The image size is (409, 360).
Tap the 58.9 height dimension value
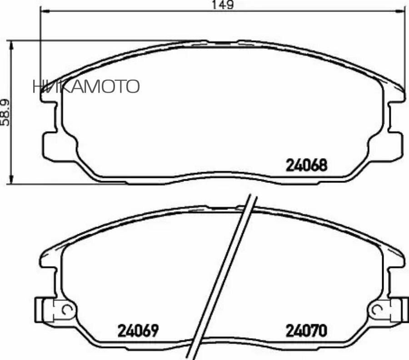6,111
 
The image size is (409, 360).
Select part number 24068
306,165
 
